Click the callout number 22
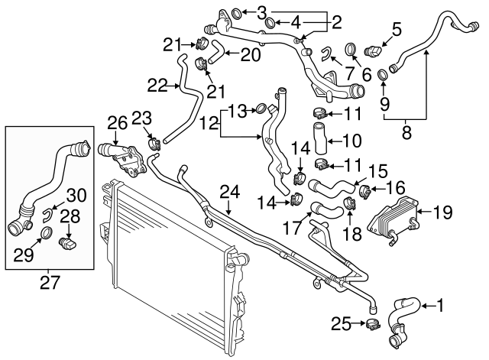[x=157, y=86]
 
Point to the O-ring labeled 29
[x=45, y=232]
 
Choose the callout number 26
[x=116, y=122]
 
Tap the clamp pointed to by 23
[x=153, y=141]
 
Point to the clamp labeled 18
[x=351, y=203]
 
